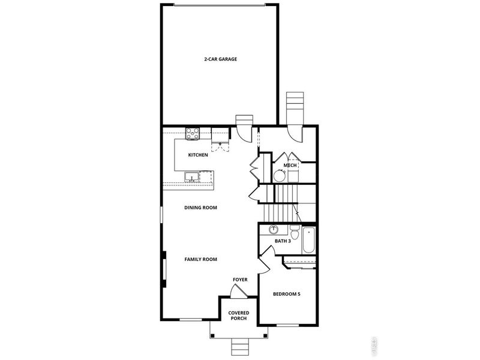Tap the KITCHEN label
tap(198, 155)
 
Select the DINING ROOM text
tap(200, 208)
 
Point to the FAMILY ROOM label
tap(200, 259)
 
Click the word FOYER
tap(240, 280)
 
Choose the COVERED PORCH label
tap(239, 316)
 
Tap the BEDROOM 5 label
tap(287, 294)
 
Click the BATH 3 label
tap(283, 241)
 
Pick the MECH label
tap(290, 165)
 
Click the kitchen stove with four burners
tap(193, 134)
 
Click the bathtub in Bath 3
tap(309, 240)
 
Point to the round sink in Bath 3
tap(274, 229)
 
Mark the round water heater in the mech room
tap(280, 176)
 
